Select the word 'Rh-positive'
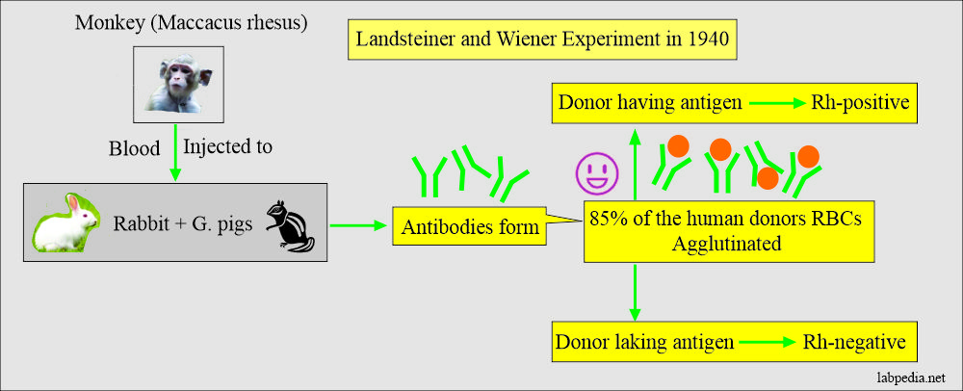tap(861, 101)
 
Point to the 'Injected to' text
tap(226, 147)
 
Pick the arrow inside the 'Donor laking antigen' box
tap(750, 343)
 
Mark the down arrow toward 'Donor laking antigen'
tap(636, 293)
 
